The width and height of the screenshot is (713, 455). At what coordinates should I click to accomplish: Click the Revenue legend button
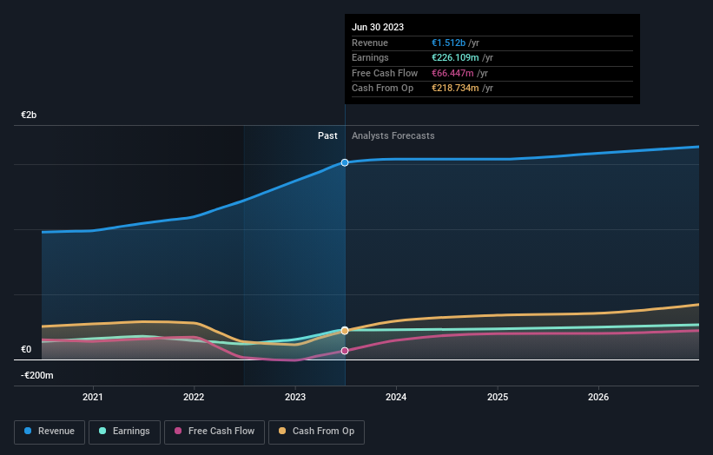click(50, 431)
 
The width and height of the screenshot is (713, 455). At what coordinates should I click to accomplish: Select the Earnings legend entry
click(124, 431)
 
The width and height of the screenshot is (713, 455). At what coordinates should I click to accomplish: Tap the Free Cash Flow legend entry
click(215, 431)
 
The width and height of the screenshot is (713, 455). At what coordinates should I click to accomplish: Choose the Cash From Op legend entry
click(317, 431)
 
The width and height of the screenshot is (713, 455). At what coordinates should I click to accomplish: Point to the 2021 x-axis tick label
click(92, 398)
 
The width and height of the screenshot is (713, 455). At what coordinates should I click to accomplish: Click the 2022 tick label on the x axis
click(194, 398)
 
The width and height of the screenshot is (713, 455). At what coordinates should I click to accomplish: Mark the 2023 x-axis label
click(295, 398)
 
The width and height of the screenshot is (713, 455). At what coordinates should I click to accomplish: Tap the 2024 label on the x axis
click(396, 398)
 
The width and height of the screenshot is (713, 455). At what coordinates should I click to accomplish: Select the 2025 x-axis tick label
click(498, 398)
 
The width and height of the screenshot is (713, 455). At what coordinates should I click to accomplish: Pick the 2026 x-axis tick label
click(598, 398)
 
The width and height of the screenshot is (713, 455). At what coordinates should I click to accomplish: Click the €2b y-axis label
click(30, 115)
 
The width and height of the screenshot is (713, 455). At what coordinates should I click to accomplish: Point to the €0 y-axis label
click(26, 350)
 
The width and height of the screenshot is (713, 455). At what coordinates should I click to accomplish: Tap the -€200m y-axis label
click(37, 376)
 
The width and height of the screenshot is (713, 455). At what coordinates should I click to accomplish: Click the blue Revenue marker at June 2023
click(345, 162)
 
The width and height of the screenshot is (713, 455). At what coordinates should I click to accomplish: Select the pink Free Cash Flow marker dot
click(345, 351)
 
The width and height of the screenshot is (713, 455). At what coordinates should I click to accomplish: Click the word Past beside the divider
click(327, 136)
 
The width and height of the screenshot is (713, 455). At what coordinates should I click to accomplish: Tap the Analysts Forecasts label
click(393, 136)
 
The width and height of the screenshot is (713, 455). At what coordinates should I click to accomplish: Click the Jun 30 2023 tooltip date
click(378, 28)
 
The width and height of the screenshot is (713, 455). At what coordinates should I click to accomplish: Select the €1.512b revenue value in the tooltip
click(448, 43)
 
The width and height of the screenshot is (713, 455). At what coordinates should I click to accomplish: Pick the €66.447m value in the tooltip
click(452, 73)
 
